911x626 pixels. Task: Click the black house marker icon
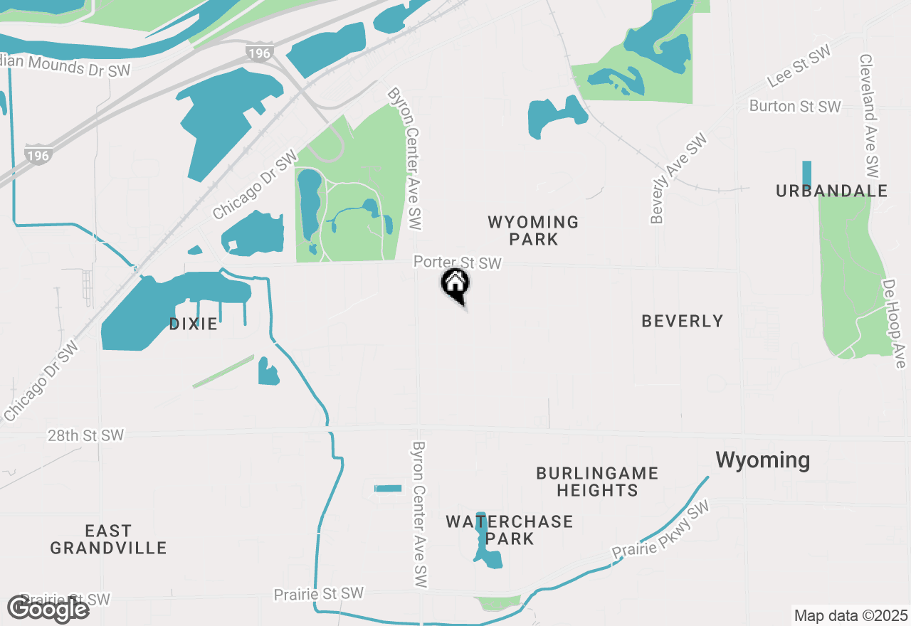pyautogui.click(x=455, y=285)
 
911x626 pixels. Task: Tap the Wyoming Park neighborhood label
pyautogui.click(x=533, y=230)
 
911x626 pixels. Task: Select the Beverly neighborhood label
pyautogui.click(x=682, y=321)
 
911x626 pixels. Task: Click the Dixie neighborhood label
pyautogui.click(x=193, y=324)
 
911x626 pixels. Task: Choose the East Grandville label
pyautogui.click(x=108, y=539)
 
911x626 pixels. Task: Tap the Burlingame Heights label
pyautogui.click(x=597, y=482)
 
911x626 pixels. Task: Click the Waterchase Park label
pyautogui.click(x=510, y=530)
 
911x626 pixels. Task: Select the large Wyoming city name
pyautogui.click(x=762, y=460)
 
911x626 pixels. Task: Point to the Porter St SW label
pyautogui.click(x=458, y=263)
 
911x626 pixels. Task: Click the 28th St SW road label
pyautogui.click(x=86, y=435)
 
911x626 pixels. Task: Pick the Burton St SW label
pyautogui.click(x=795, y=107)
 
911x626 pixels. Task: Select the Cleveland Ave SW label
pyautogui.click(x=869, y=116)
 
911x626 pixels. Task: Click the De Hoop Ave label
pyautogui.click(x=894, y=324)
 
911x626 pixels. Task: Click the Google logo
pyautogui.click(x=48, y=609)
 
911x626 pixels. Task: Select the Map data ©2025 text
pyautogui.click(x=851, y=615)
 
